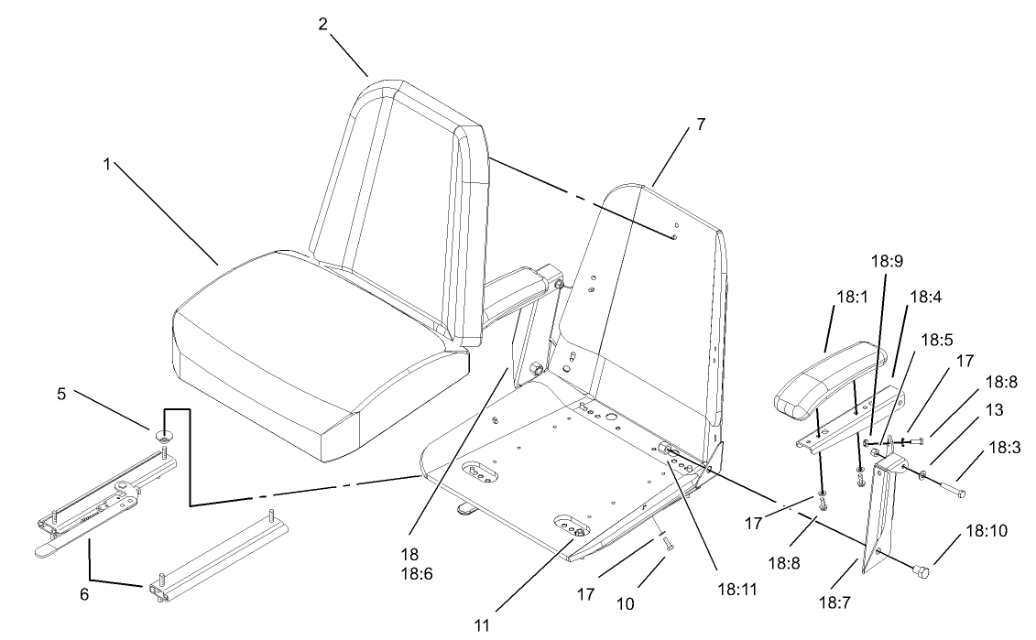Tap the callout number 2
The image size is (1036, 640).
coord(323,25)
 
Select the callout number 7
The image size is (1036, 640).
coord(701,125)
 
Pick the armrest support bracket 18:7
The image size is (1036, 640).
coord(884,513)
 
